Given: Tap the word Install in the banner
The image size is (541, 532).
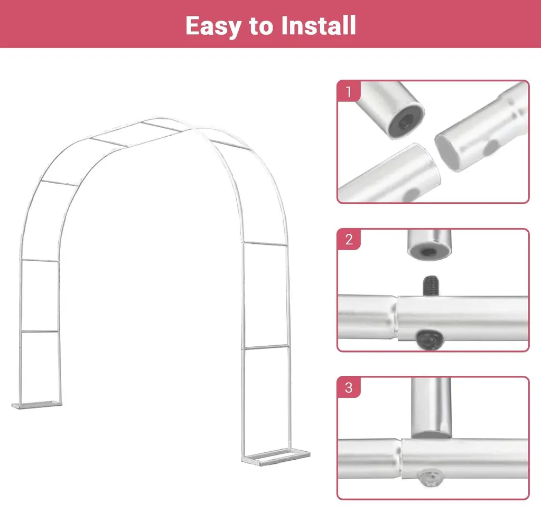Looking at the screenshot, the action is [x=319, y=25].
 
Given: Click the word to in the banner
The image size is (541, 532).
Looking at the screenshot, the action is [x=261, y=26].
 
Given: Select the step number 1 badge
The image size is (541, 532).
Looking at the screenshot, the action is [x=349, y=91].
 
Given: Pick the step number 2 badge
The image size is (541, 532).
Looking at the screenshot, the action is [x=349, y=239].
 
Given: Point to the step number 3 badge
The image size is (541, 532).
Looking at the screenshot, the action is [x=349, y=387].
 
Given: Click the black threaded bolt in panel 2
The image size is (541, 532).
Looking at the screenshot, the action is [x=431, y=286].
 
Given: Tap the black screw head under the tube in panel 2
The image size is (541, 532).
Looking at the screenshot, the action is [x=430, y=339].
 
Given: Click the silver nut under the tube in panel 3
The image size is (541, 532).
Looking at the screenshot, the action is [x=430, y=478].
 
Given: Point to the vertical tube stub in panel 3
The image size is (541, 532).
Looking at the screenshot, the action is [x=431, y=408].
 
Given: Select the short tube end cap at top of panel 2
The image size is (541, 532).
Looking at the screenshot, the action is [x=429, y=244].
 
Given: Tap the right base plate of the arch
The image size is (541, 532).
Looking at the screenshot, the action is [x=276, y=457].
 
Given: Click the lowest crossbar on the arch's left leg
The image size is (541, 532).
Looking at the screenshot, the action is [x=40, y=331].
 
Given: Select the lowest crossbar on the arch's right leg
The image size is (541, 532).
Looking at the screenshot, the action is [x=266, y=347].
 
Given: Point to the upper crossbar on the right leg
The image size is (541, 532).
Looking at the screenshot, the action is [x=265, y=244].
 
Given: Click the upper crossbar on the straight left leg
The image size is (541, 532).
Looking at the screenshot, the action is [x=40, y=261].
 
